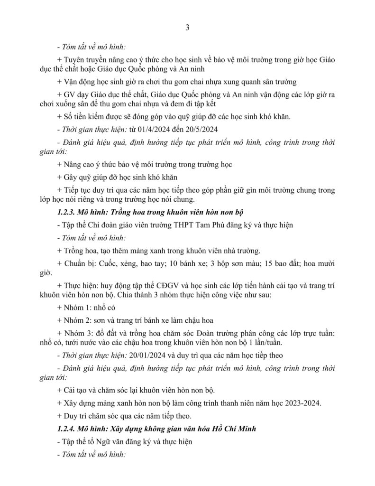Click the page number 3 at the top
(x=187, y=28)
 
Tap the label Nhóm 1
(x=78, y=308)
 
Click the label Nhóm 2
(x=78, y=320)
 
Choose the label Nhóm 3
(x=78, y=333)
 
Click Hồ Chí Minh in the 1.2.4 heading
(x=233, y=429)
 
